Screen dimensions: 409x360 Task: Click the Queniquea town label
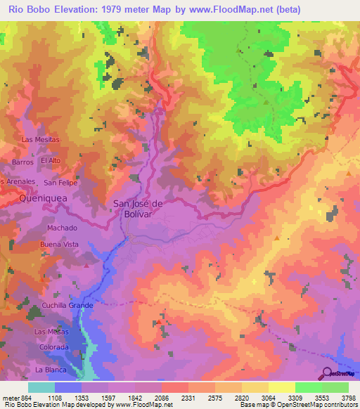pyautogui.click(x=38, y=199)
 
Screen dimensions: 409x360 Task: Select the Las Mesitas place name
pyautogui.click(x=41, y=139)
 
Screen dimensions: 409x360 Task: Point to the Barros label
pyautogui.click(x=22, y=162)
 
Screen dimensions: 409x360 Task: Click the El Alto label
pyautogui.click(x=51, y=160)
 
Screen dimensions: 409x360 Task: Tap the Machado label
pyautogui.click(x=62, y=228)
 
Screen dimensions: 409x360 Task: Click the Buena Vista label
pyautogui.click(x=60, y=244)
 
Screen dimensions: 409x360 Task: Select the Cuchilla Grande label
pyautogui.click(x=67, y=306)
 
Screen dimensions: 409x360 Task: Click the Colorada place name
pyautogui.click(x=54, y=346)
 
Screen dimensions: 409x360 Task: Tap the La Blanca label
pyautogui.click(x=50, y=369)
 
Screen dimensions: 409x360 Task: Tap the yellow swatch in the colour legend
pyautogui.click(x=281, y=387)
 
